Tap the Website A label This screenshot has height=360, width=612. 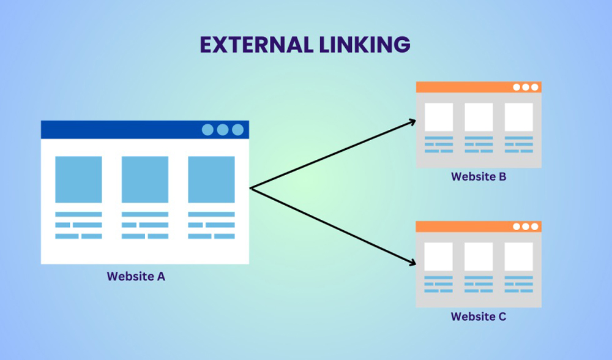click(x=136, y=276)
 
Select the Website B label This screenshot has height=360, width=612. click(x=479, y=177)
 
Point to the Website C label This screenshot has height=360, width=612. click(x=479, y=317)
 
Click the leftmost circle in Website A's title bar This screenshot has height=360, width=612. click(x=208, y=130)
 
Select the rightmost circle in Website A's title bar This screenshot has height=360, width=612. click(x=237, y=130)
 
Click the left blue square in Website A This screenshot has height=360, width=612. click(x=78, y=179)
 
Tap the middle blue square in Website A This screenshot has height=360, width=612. click(x=145, y=179)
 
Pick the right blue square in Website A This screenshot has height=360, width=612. click(x=211, y=179)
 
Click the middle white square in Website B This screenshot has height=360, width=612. click(x=479, y=117)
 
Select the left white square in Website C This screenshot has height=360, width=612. click(x=439, y=257)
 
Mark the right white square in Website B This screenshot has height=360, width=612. click(x=518, y=117)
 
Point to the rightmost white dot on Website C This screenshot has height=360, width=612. click(x=534, y=227)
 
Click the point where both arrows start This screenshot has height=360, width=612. click(x=251, y=188)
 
